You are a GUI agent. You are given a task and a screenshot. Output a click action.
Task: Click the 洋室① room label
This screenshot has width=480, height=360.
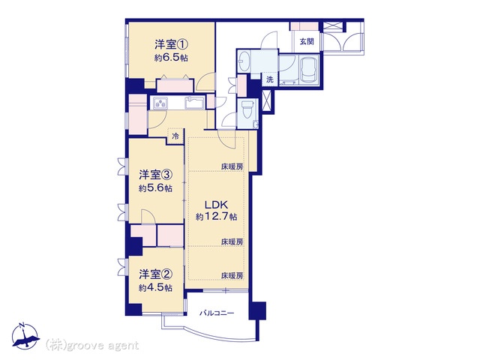tap(171, 45)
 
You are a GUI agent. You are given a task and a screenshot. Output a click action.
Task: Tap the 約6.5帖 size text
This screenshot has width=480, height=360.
tap(171, 58)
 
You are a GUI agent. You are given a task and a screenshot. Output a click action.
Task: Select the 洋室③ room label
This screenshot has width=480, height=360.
tap(155, 175)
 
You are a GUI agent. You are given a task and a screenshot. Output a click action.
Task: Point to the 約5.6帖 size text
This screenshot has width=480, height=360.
tap(155, 188)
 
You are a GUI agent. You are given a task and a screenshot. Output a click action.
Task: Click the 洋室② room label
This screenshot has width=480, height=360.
tap(155, 274)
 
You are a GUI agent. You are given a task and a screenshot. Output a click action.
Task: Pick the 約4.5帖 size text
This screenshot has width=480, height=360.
tap(155, 288)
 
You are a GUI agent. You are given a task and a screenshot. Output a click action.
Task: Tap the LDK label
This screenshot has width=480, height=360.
tap(216, 205)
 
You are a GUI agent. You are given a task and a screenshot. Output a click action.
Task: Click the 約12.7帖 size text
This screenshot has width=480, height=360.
tap(217, 217)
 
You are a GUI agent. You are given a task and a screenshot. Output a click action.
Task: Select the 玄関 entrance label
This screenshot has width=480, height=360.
tap(307, 41)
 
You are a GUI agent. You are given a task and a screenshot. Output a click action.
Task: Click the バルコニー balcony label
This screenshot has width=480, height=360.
tap(217, 313)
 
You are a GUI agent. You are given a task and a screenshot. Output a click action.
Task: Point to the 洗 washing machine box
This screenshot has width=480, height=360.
tap(270, 79)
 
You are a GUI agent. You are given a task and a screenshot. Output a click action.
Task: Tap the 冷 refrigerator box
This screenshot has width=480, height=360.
tap(175, 136)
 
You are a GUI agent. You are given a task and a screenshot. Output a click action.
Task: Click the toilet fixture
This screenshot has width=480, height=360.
tap(247, 110)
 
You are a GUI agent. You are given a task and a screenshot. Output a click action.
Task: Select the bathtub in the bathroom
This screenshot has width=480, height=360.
tap(309, 70)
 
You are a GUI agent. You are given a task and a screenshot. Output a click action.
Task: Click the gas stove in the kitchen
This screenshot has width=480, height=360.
tap(160, 103)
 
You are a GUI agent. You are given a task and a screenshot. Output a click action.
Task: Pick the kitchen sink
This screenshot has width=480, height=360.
tap(195, 103)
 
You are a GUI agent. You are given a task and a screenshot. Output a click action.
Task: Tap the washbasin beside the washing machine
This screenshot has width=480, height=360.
tap(244, 61)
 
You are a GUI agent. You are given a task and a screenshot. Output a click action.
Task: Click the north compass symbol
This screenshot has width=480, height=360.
tap(25, 336)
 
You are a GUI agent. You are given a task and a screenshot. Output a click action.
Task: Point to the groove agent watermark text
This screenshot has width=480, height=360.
tap(92, 346)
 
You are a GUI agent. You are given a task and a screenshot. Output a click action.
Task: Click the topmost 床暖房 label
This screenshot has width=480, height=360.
tap(232, 166)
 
